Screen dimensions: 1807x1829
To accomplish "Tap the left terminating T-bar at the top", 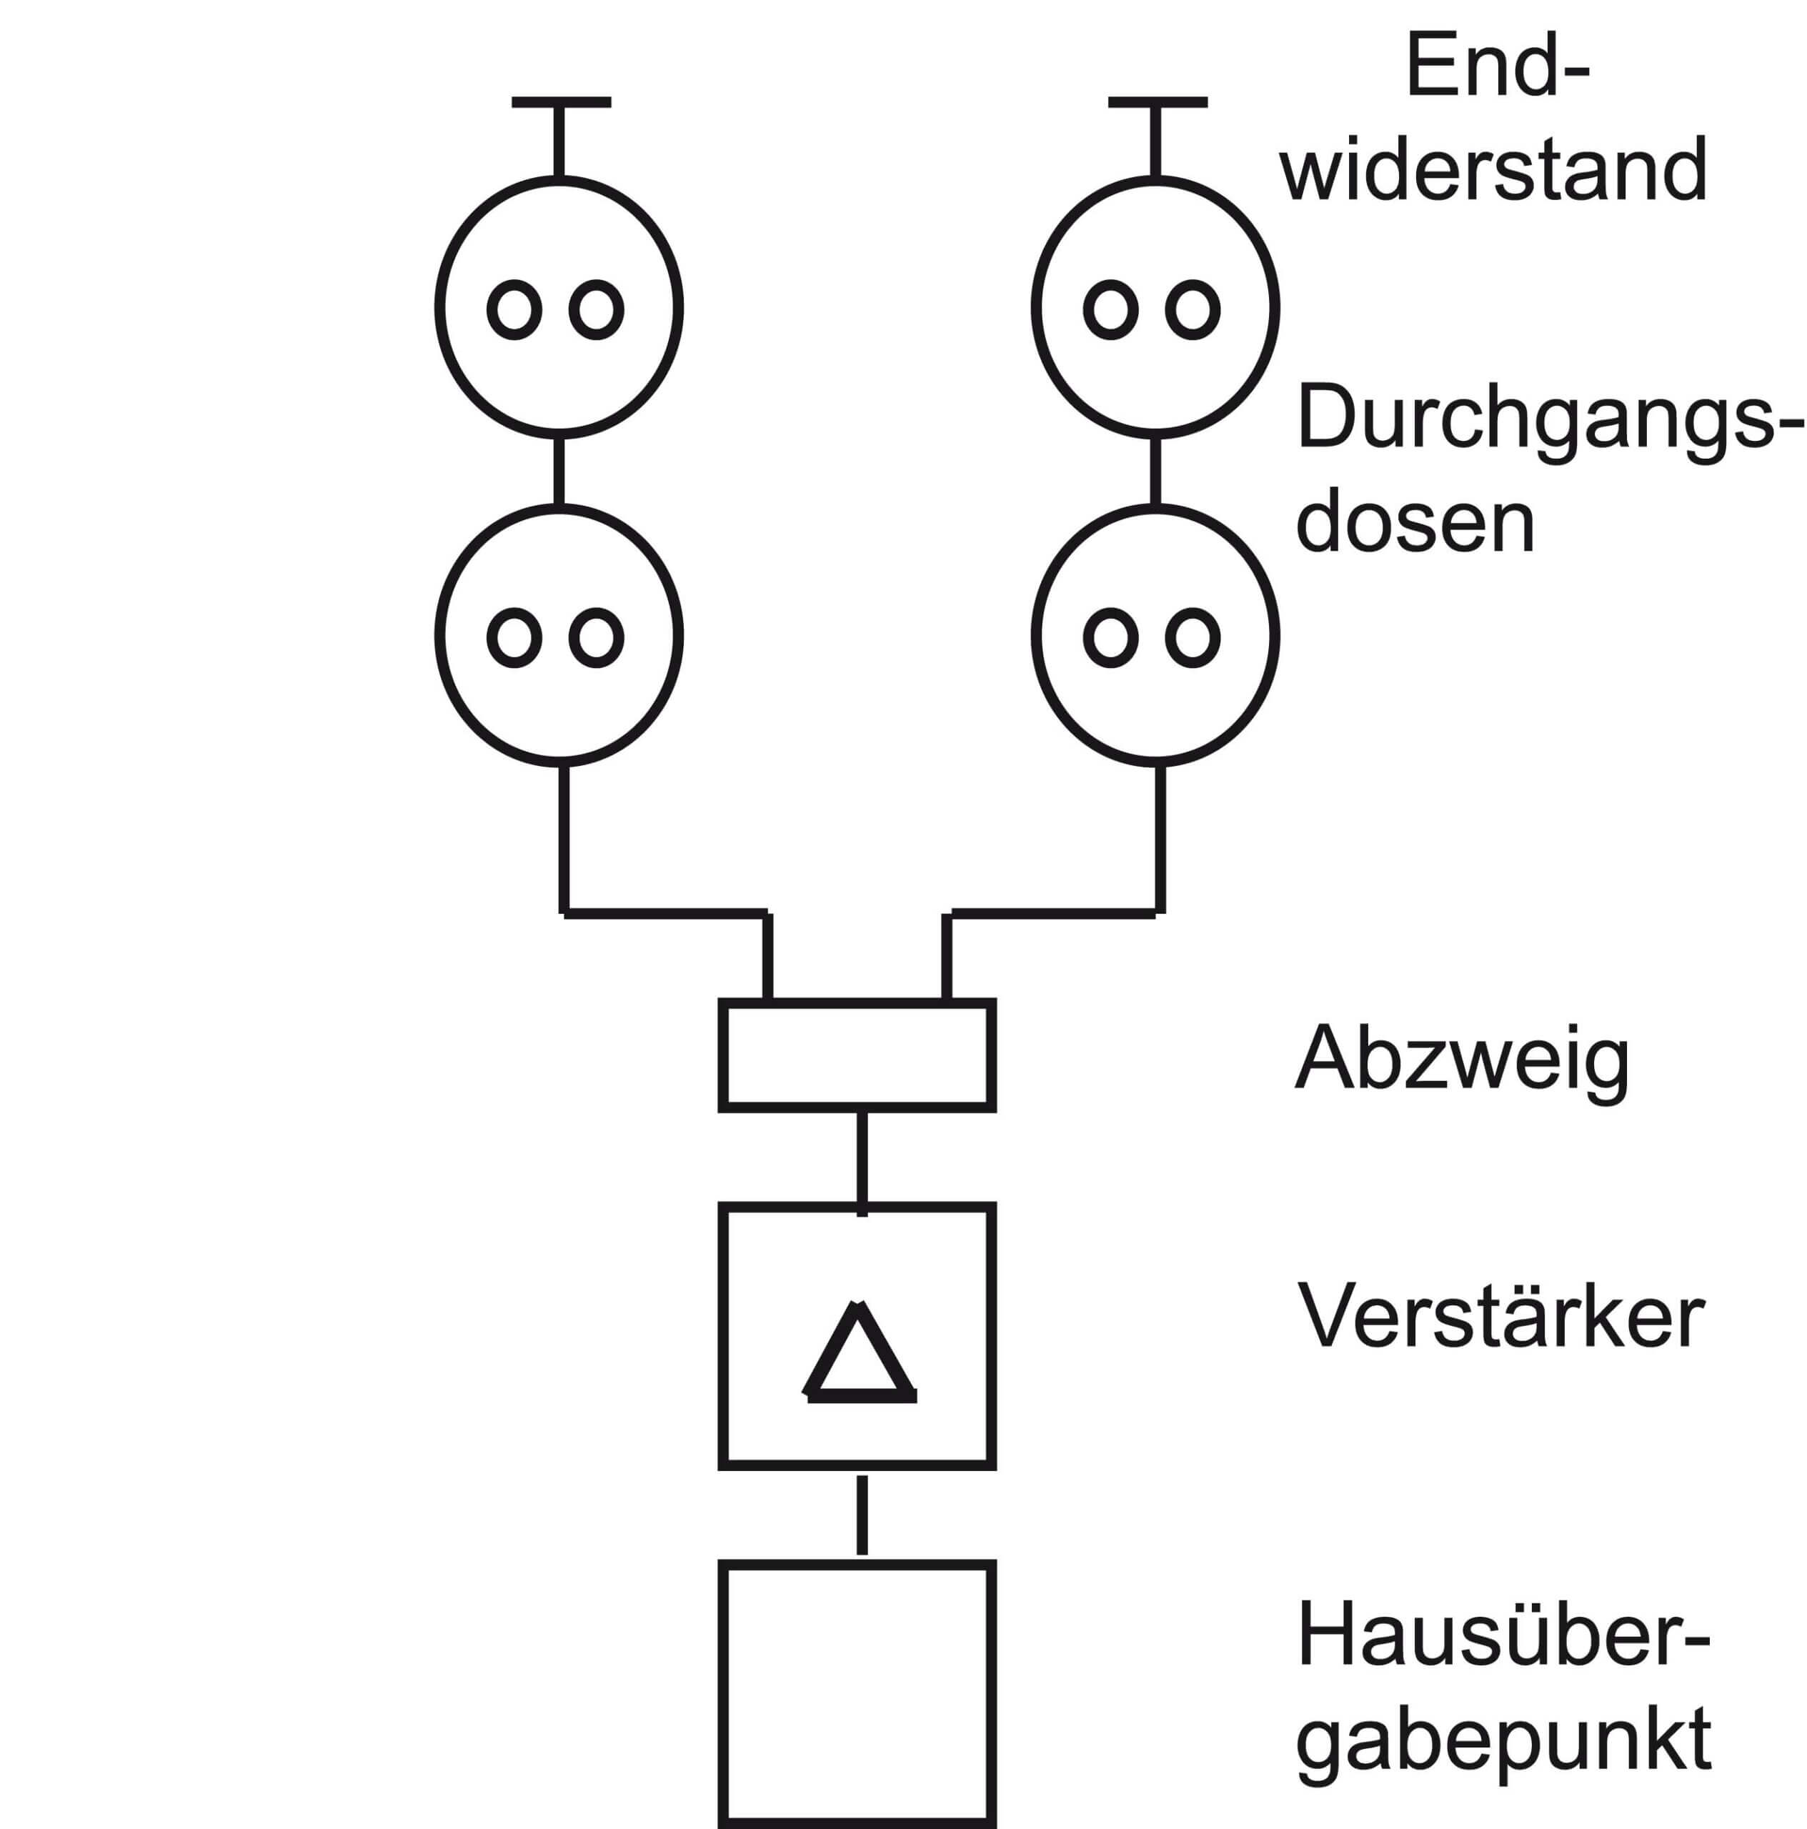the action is (560, 102).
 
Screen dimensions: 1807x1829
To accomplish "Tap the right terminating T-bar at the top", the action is (1157, 102).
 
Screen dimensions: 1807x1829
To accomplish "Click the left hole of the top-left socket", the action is (514, 309).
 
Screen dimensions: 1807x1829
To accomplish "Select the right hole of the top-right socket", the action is (1192, 309).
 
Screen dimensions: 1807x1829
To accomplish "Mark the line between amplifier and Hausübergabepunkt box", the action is (862, 1515).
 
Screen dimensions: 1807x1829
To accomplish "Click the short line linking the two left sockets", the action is (559, 471).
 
